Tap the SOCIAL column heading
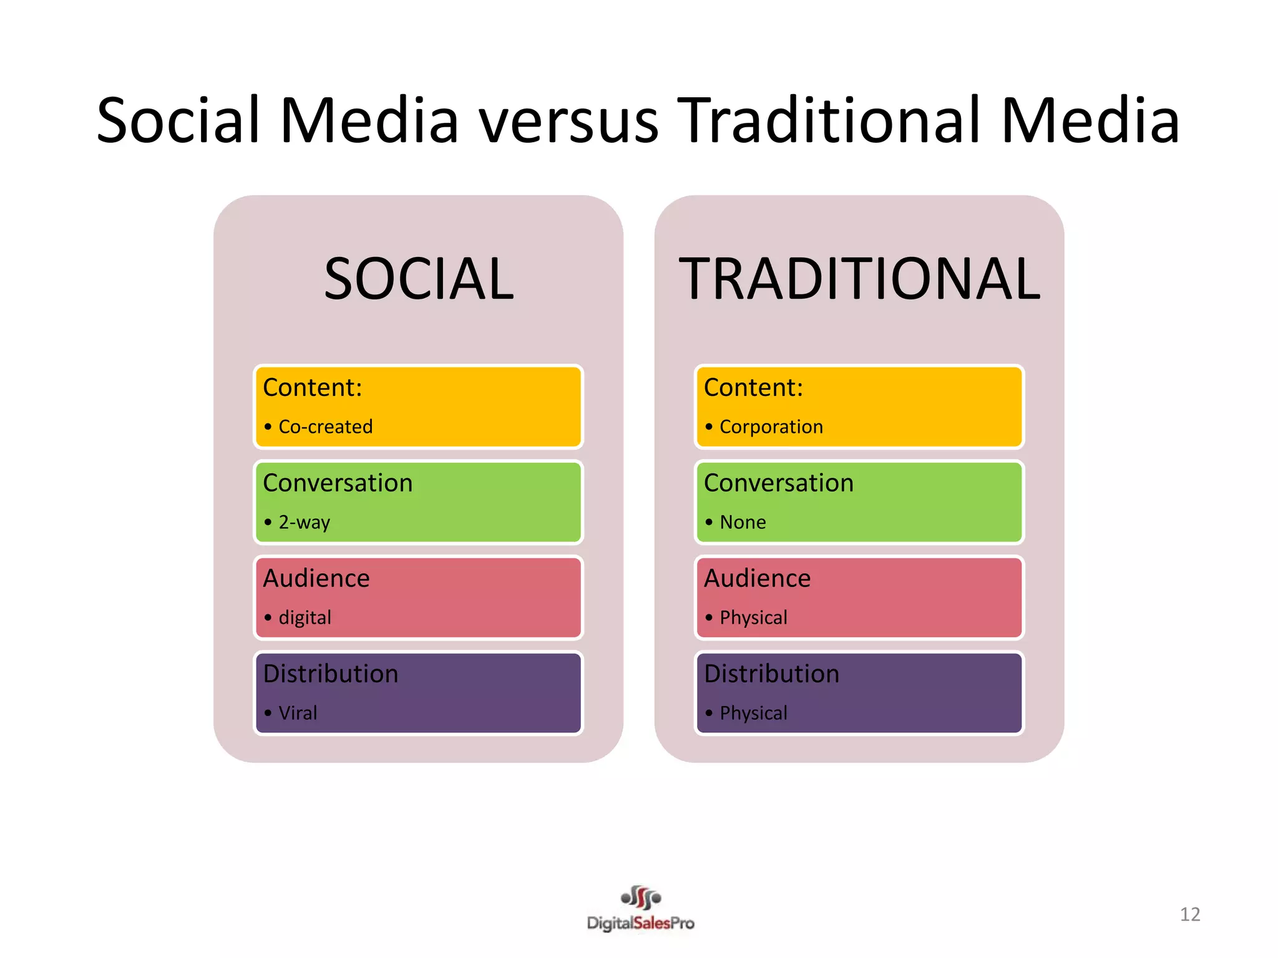click(x=419, y=279)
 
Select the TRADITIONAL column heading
click(x=859, y=279)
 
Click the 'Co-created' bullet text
click(x=325, y=427)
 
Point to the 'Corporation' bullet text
click(x=771, y=427)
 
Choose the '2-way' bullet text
click(x=304, y=522)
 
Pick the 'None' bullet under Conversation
click(x=743, y=522)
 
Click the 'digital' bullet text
click(x=305, y=617)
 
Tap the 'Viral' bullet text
click(x=298, y=713)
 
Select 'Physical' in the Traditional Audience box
click(x=753, y=617)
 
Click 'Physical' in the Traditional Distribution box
click(x=753, y=713)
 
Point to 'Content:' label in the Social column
click(x=313, y=388)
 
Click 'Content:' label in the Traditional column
click(x=753, y=388)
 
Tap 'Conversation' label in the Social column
click(x=338, y=483)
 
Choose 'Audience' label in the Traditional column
click(x=757, y=579)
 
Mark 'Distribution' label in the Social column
click(x=331, y=674)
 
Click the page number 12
click(x=1190, y=914)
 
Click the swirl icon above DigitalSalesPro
click(x=641, y=898)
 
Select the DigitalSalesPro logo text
click(x=640, y=923)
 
